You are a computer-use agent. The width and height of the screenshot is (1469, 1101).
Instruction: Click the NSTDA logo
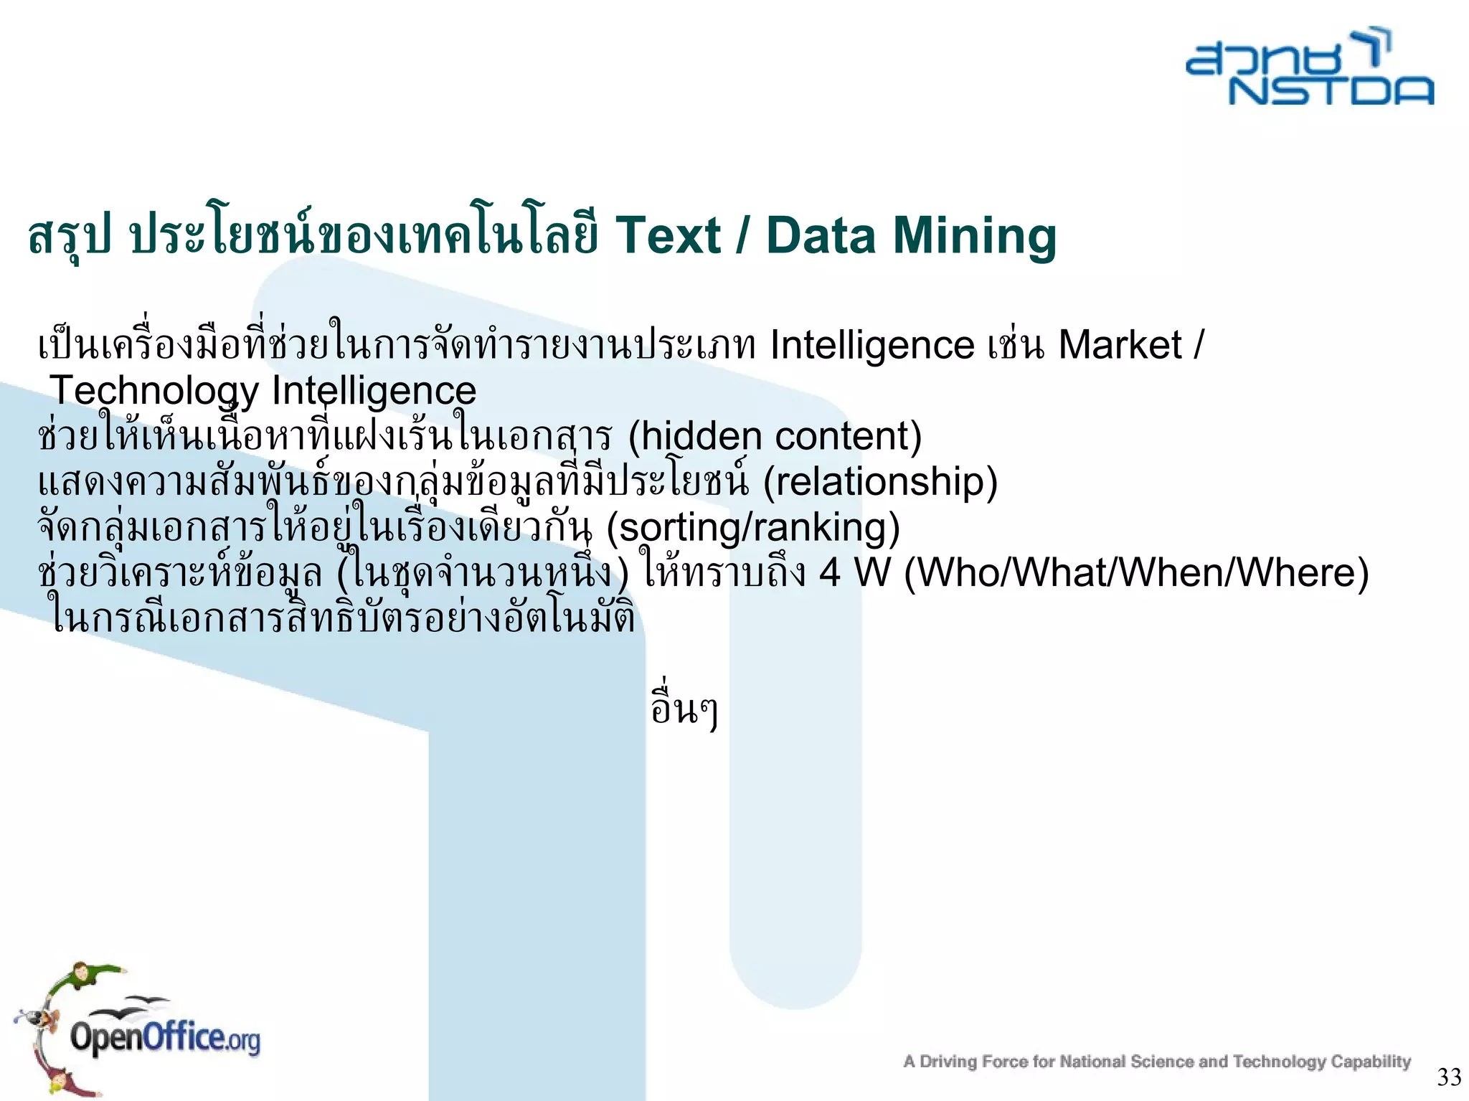(x=1310, y=68)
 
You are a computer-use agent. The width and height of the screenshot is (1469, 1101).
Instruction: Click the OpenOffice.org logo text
(x=165, y=1039)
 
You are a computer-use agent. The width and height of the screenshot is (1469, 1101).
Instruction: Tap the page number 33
(x=1449, y=1077)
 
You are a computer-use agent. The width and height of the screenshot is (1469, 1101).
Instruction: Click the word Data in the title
(x=821, y=235)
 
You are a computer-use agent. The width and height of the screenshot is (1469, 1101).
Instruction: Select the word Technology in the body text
(x=153, y=392)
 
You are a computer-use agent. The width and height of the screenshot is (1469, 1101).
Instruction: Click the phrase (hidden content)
(x=775, y=436)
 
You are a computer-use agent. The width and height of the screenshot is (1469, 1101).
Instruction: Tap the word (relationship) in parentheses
(x=880, y=481)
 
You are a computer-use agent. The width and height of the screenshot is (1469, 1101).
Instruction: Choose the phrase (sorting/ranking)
(x=752, y=527)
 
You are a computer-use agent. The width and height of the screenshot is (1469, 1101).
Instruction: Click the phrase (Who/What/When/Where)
(x=1136, y=572)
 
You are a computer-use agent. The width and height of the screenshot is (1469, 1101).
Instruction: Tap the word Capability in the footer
(x=1371, y=1062)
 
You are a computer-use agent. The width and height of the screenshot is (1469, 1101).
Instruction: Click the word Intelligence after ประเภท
(x=872, y=345)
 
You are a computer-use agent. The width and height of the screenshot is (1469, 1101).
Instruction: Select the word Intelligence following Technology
(x=374, y=392)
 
